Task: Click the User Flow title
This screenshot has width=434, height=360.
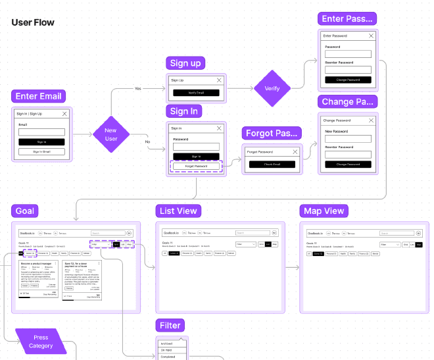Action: (x=33, y=22)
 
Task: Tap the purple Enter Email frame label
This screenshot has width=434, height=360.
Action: (x=39, y=96)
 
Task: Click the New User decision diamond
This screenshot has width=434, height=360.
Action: (x=110, y=135)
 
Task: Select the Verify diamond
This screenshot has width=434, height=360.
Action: (x=272, y=88)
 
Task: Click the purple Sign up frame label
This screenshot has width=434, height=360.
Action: (x=185, y=63)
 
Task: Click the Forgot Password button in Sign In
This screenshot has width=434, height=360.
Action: (x=196, y=167)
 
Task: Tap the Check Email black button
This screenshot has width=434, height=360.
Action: (x=272, y=164)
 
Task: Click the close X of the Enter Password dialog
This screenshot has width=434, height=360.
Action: (x=371, y=36)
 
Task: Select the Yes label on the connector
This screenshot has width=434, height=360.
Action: (x=138, y=88)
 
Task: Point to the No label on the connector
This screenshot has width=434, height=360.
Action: (x=147, y=141)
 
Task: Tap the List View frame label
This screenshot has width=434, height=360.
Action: (x=178, y=211)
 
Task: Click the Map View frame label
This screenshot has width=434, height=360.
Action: (x=324, y=211)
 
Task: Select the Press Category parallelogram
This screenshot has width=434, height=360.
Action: (x=41, y=342)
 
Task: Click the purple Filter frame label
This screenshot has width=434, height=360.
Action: (x=170, y=325)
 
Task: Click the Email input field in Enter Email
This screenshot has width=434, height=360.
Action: (x=41, y=132)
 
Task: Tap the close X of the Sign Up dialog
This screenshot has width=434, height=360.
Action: (x=220, y=80)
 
